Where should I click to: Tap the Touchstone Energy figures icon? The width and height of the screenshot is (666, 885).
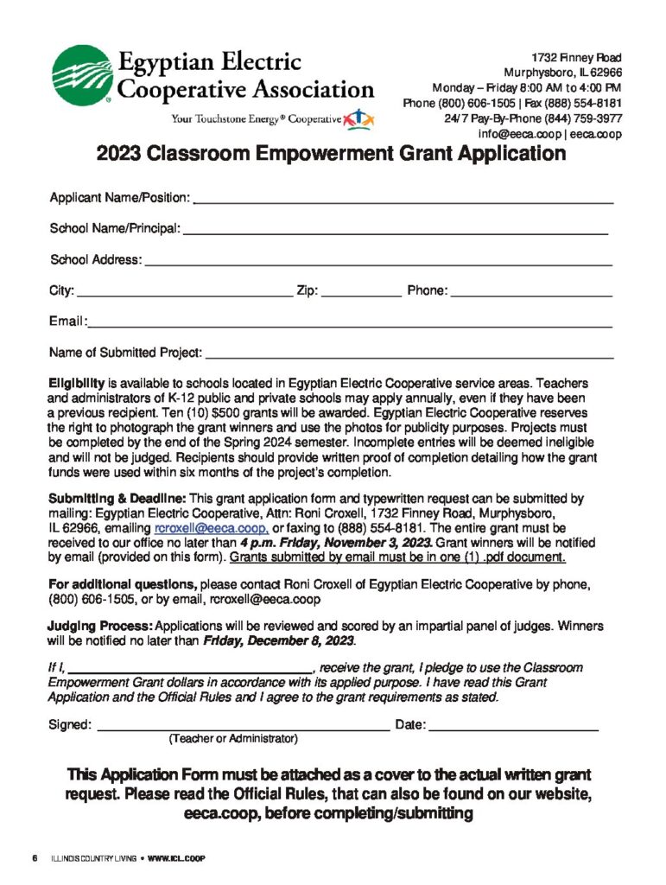pos(358,118)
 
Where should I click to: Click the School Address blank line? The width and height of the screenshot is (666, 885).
pos(378,263)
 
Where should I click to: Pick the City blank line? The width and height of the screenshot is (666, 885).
pos(185,295)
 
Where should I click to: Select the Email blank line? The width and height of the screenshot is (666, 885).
pos(350,326)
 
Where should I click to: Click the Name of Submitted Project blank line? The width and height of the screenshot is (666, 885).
pos(409,356)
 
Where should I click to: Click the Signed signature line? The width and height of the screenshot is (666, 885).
pos(242,729)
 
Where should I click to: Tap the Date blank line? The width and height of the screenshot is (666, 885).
pos(514,729)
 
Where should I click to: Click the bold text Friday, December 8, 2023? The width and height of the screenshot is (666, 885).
pos(278,641)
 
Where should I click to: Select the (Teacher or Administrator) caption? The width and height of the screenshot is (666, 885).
pos(233,740)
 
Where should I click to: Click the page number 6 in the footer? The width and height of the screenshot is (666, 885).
pos(35,858)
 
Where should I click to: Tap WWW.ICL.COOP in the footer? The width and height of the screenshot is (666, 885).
pos(176,858)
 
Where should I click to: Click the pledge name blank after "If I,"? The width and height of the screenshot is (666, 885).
pos(190,668)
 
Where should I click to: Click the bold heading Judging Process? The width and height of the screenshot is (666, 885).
pos(98,626)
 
